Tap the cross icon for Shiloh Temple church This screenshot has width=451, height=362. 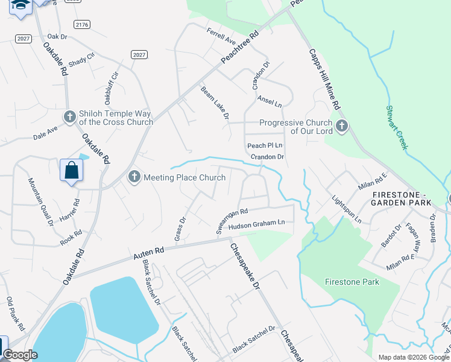click(69, 116)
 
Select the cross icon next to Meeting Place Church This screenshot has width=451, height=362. click(134, 177)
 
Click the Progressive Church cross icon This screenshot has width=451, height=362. click(342, 126)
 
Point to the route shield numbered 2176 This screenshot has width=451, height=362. click(82, 24)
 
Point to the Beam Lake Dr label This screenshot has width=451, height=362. click(215, 103)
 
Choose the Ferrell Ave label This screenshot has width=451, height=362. click(221, 36)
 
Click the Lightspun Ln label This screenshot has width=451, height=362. click(346, 209)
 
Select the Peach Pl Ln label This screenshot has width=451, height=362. click(265, 146)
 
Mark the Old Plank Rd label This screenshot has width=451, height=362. click(15, 314)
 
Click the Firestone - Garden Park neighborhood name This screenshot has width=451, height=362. click(402, 199)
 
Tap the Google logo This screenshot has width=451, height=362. click(20, 355)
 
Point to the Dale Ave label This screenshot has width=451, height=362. click(46, 133)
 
